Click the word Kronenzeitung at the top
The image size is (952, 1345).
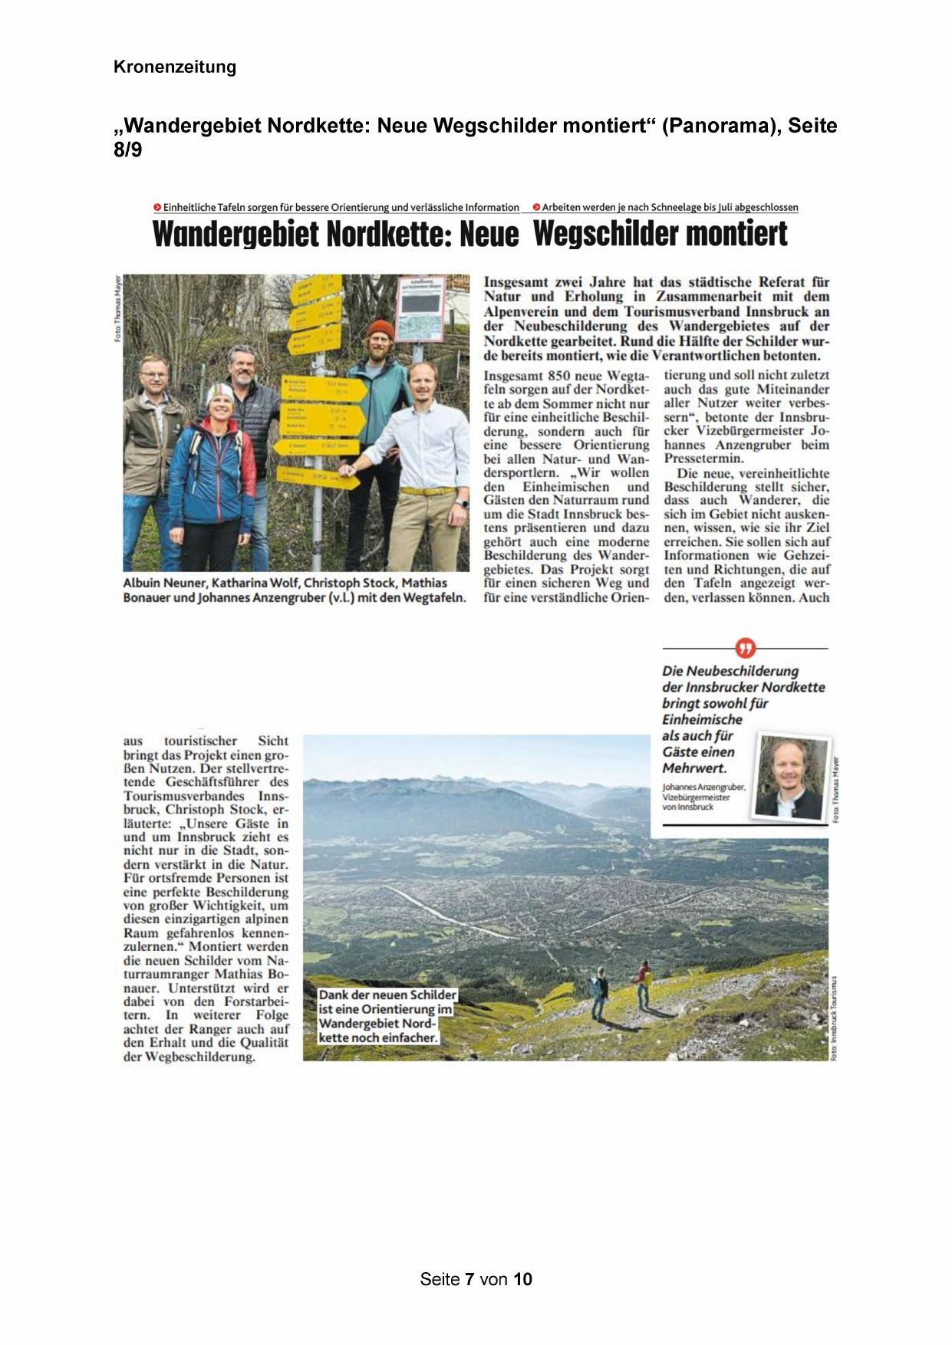pyautogui.click(x=174, y=67)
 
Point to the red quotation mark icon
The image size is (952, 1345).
pyautogui.click(x=745, y=648)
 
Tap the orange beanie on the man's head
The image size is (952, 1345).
pyautogui.click(x=380, y=330)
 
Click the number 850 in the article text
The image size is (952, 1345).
pyautogui.click(x=568, y=376)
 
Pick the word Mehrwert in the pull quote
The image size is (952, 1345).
pyautogui.click(x=694, y=768)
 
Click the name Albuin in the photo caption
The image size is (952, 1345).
pyautogui.click(x=142, y=583)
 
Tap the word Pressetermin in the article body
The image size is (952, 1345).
pyautogui.click(x=703, y=459)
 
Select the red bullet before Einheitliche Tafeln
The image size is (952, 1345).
pyautogui.click(x=157, y=207)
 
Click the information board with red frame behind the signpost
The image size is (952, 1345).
pyautogui.click(x=420, y=308)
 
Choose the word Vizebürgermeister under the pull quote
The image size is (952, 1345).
pyautogui.click(x=696, y=797)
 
